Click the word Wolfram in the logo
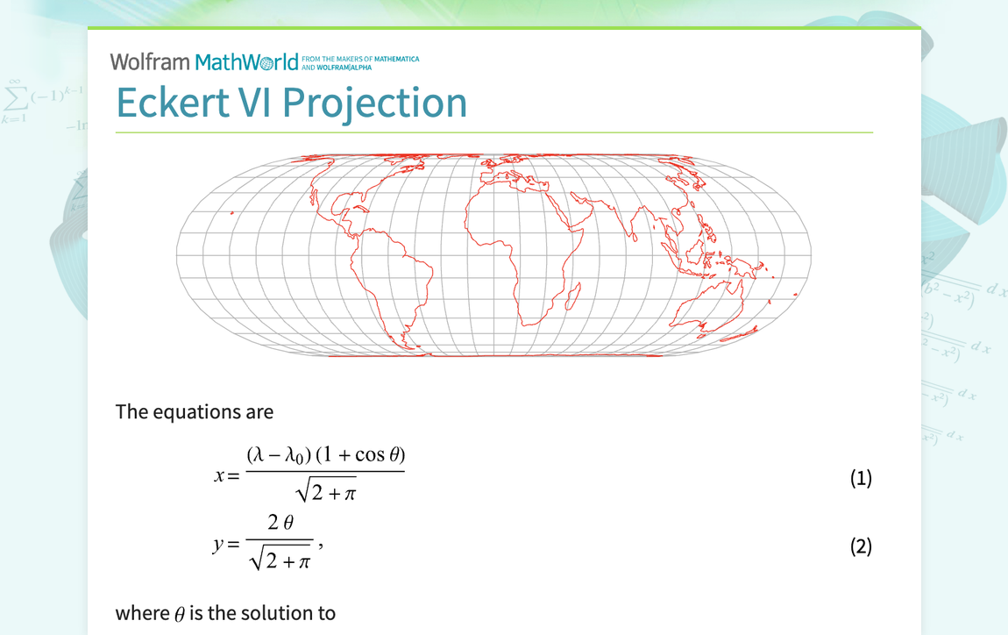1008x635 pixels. (x=149, y=61)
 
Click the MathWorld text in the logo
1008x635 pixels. (x=246, y=62)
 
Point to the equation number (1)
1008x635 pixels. (x=861, y=478)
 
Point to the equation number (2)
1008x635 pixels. (x=861, y=546)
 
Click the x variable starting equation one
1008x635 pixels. (x=220, y=475)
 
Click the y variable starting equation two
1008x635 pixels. (x=219, y=545)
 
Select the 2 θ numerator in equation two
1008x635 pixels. (x=280, y=523)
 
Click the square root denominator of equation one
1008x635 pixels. (x=326, y=493)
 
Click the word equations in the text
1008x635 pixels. (x=190, y=411)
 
